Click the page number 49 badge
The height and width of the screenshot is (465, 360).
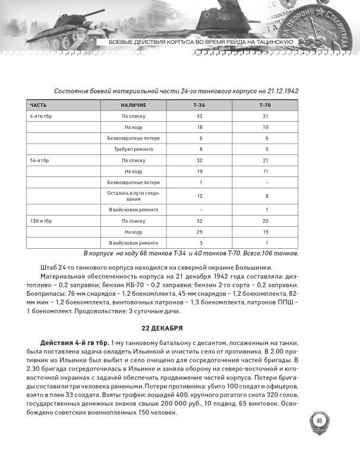tap(318, 421)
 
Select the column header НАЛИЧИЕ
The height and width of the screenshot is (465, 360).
tap(134, 105)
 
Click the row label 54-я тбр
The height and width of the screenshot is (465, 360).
tap(40, 160)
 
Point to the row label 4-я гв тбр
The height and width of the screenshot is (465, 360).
tap(42, 116)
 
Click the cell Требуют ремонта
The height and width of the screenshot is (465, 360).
tap(134, 149)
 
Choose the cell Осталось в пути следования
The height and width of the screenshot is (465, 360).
tap(134, 195)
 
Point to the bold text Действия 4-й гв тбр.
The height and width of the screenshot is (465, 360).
tap(74, 344)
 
